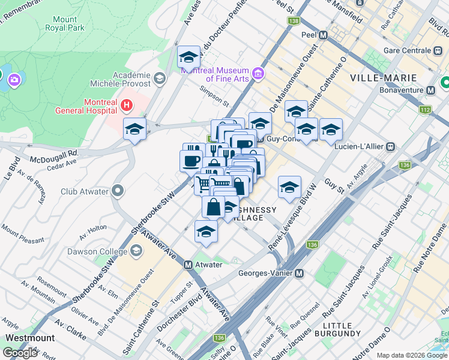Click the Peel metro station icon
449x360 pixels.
tap(324, 35)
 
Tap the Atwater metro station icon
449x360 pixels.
tap(188, 265)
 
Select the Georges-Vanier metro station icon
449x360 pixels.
tap(300, 273)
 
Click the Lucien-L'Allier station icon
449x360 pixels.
tap(391, 146)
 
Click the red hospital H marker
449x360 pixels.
tap(126, 106)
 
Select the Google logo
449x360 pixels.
tap(20, 353)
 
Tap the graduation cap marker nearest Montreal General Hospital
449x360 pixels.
tap(134, 128)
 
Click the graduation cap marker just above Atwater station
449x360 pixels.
tap(206, 232)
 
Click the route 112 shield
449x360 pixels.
tap(426, 110)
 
